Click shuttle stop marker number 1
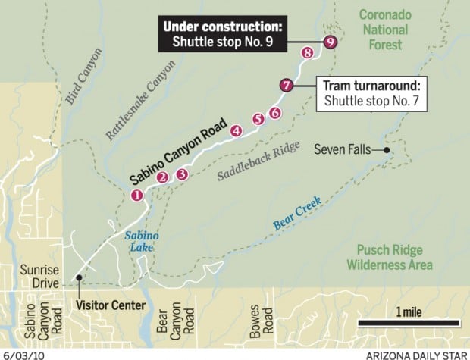137,195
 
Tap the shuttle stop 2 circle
162,178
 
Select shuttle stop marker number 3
181,174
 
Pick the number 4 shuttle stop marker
237,130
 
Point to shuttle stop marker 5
258,118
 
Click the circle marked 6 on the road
274,112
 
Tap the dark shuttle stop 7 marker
286,86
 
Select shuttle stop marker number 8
307,52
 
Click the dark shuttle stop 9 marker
329,42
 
